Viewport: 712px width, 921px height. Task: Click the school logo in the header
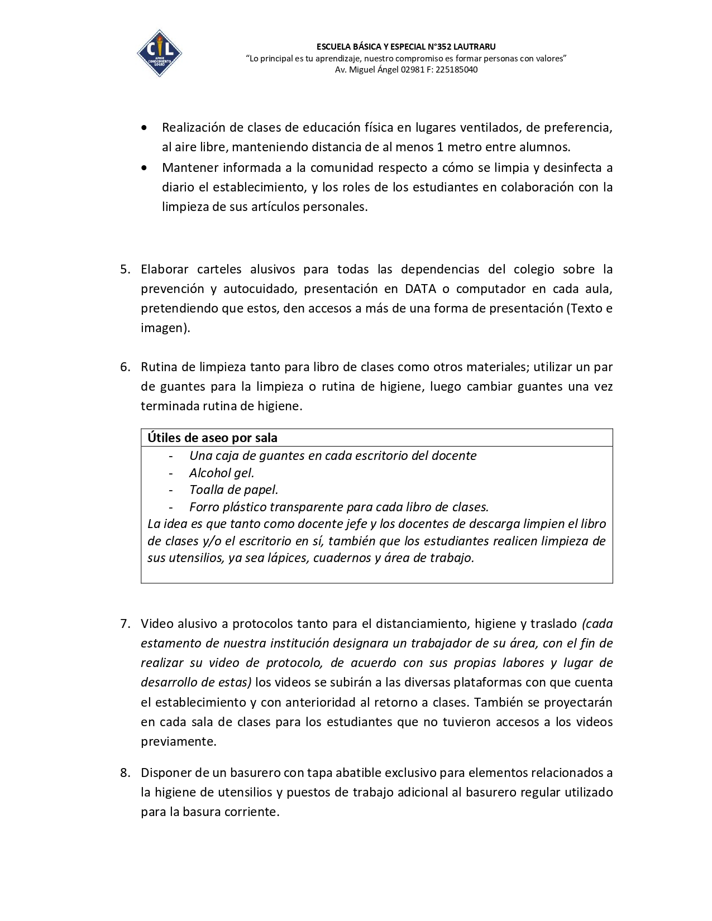[159, 54]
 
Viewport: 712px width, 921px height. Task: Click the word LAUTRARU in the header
[474, 47]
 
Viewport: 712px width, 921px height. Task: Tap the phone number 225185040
[456, 70]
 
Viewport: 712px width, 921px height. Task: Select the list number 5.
[125, 270]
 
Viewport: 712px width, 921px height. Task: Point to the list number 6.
[125, 367]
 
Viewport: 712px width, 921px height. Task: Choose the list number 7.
[125, 624]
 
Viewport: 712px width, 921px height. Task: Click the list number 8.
[125, 773]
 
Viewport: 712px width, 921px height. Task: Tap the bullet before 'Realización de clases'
[145, 128]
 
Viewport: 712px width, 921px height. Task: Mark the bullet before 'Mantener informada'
[145, 167]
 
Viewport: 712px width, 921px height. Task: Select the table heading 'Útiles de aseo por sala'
[212, 438]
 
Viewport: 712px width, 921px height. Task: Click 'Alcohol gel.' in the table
[222, 473]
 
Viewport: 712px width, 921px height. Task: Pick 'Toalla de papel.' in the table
[233, 490]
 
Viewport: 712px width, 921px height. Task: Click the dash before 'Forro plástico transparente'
[171, 507]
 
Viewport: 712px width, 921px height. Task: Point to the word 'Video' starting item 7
[157, 624]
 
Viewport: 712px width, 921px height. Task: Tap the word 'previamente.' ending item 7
[178, 742]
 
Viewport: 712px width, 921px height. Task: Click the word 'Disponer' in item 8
[165, 773]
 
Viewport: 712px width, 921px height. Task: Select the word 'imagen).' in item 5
[165, 328]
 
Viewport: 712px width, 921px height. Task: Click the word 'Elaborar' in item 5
[165, 270]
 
